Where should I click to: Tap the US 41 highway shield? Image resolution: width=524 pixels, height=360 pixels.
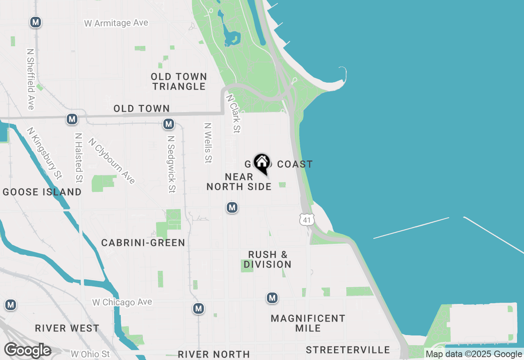point(307,220)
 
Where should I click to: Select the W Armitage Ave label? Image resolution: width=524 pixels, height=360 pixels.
point(116,23)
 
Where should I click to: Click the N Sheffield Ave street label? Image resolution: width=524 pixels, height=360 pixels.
point(30,79)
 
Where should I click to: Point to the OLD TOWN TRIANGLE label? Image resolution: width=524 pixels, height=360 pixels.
point(179,81)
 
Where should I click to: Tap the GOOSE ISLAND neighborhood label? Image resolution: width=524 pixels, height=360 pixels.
point(42,192)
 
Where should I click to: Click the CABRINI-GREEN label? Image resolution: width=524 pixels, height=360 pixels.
point(143,243)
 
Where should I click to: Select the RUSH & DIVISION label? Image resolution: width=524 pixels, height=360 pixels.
point(268,259)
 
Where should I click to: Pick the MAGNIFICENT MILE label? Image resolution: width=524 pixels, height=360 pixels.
point(308,323)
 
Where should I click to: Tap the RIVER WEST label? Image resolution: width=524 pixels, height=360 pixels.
point(67,328)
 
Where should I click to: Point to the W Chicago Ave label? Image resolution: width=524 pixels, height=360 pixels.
point(122,302)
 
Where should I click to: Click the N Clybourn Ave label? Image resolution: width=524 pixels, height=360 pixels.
point(112,161)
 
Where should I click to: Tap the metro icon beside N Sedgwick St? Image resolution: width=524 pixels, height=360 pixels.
point(168,124)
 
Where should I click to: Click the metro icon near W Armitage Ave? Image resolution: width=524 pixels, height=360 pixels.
point(36,22)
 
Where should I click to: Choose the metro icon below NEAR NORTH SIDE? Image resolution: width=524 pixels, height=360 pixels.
point(232,207)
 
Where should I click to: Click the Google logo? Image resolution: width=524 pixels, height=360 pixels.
point(27,351)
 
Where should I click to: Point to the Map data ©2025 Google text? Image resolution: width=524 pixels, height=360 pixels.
point(474,354)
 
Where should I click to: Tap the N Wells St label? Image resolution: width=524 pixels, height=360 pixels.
point(208,143)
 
